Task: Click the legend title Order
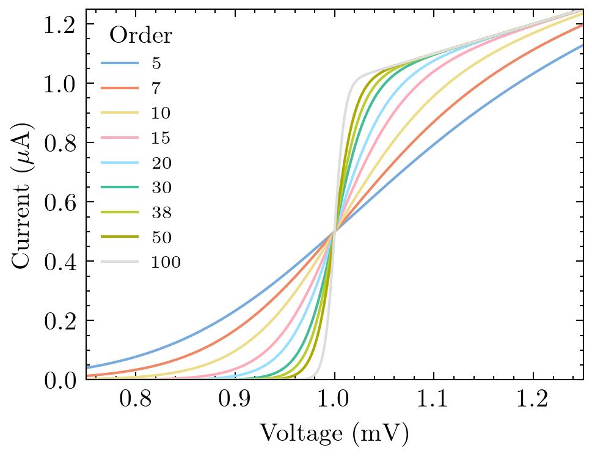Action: [x=140, y=36]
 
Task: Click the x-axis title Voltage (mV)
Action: [x=334, y=434]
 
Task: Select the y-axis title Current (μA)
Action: [x=23, y=194]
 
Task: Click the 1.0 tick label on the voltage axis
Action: [x=334, y=400]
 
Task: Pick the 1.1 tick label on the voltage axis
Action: [x=434, y=400]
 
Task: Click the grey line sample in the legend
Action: [x=120, y=263]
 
